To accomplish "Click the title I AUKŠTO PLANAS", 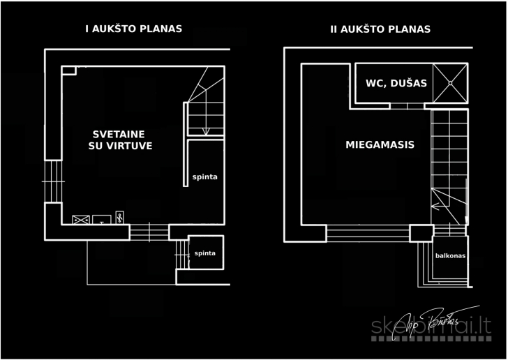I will (x=133, y=29).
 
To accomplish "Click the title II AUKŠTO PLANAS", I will (x=380, y=29).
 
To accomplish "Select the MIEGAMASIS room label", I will (x=380, y=145).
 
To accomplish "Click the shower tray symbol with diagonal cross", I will (x=450, y=82).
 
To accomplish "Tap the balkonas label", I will (x=450, y=255).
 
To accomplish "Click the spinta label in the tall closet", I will (x=204, y=177).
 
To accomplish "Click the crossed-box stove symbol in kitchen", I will (x=82, y=220).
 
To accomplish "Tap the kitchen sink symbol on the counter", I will (x=102, y=219).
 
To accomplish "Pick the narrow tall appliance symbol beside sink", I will (x=119, y=217).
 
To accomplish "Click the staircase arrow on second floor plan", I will (x=438, y=205).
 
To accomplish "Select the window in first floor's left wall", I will (x=53, y=181).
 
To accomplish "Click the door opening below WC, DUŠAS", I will (x=408, y=106).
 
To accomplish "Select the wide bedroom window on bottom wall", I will (x=368, y=233).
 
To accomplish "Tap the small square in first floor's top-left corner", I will (x=68, y=70).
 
